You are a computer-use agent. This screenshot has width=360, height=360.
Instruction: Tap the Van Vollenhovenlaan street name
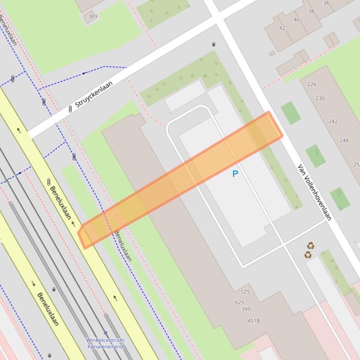pyautogui.click(x=315, y=192)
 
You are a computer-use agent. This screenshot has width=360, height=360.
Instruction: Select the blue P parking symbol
pyautogui.click(x=235, y=174)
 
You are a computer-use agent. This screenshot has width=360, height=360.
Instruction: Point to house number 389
pyautogui.click(x=93, y=17)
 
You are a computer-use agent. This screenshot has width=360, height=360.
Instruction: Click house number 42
pyautogui.click(x=282, y=28)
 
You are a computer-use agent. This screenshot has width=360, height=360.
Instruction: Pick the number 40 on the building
pyautogui.click(x=296, y=20)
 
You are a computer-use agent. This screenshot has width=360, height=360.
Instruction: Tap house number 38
pyautogui.click(x=311, y=11)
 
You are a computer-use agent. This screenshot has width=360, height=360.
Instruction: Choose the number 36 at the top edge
pyautogui.click(x=326, y=3)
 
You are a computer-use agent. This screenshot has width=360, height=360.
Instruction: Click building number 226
pyautogui.click(x=312, y=85)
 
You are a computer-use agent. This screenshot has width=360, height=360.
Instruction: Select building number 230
pyautogui.click(x=320, y=99)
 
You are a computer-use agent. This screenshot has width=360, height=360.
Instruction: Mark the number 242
pyautogui.click(x=333, y=122)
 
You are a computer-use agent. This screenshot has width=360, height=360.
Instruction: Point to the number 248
pyautogui.click(x=344, y=140)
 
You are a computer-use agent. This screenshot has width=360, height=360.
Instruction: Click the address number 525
pyautogui.click(x=245, y=292)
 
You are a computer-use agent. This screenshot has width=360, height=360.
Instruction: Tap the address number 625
pyautogui.click(x=240, y=302)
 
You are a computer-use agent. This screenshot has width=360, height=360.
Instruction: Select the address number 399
pyautogui.click(x=246, y=310)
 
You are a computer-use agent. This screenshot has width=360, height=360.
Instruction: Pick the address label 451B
pyautogui.click(x=253, y=321)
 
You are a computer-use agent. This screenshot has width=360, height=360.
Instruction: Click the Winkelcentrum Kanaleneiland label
pyautogui.click(x=105, y=343)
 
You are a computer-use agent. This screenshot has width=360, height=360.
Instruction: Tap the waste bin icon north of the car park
pyautogui.click(x=213, y=44)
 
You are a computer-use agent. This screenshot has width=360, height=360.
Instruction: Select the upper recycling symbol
pyautogui.click(x=310, y=246)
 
